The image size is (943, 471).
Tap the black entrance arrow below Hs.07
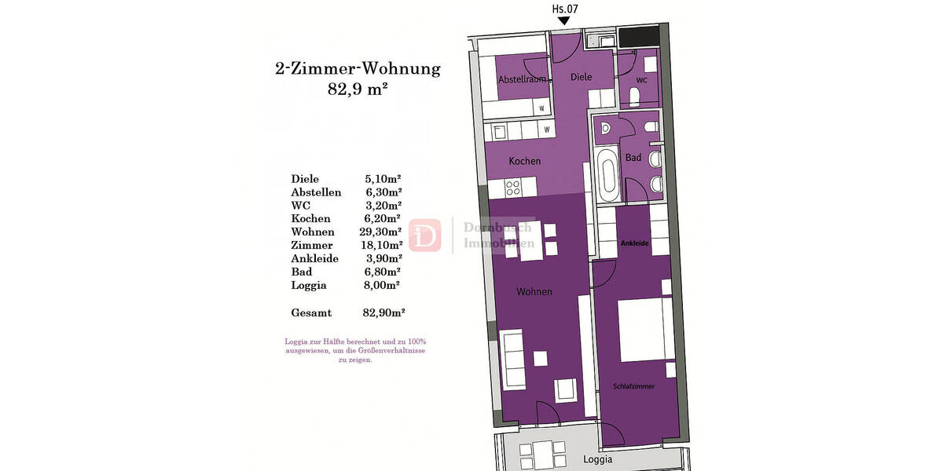(x=563, y=22)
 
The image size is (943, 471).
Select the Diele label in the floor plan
(x=581, y=77)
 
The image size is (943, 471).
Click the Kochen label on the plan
(x=524, y=161)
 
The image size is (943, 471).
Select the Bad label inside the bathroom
(x=633, y=158)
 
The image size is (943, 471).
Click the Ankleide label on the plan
(x=634, y=244)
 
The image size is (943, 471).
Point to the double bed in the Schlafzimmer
(x=644, y=329)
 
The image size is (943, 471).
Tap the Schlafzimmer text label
(x=633, y=387)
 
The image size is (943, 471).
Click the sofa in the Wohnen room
(x=513, y=359)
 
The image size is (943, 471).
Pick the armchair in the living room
(x=566, y=389)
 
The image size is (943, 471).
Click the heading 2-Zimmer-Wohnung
(x=358, y=68)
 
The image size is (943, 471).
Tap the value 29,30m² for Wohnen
(x=383, y=232)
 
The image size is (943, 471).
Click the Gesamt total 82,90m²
(x=383, y=312)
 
